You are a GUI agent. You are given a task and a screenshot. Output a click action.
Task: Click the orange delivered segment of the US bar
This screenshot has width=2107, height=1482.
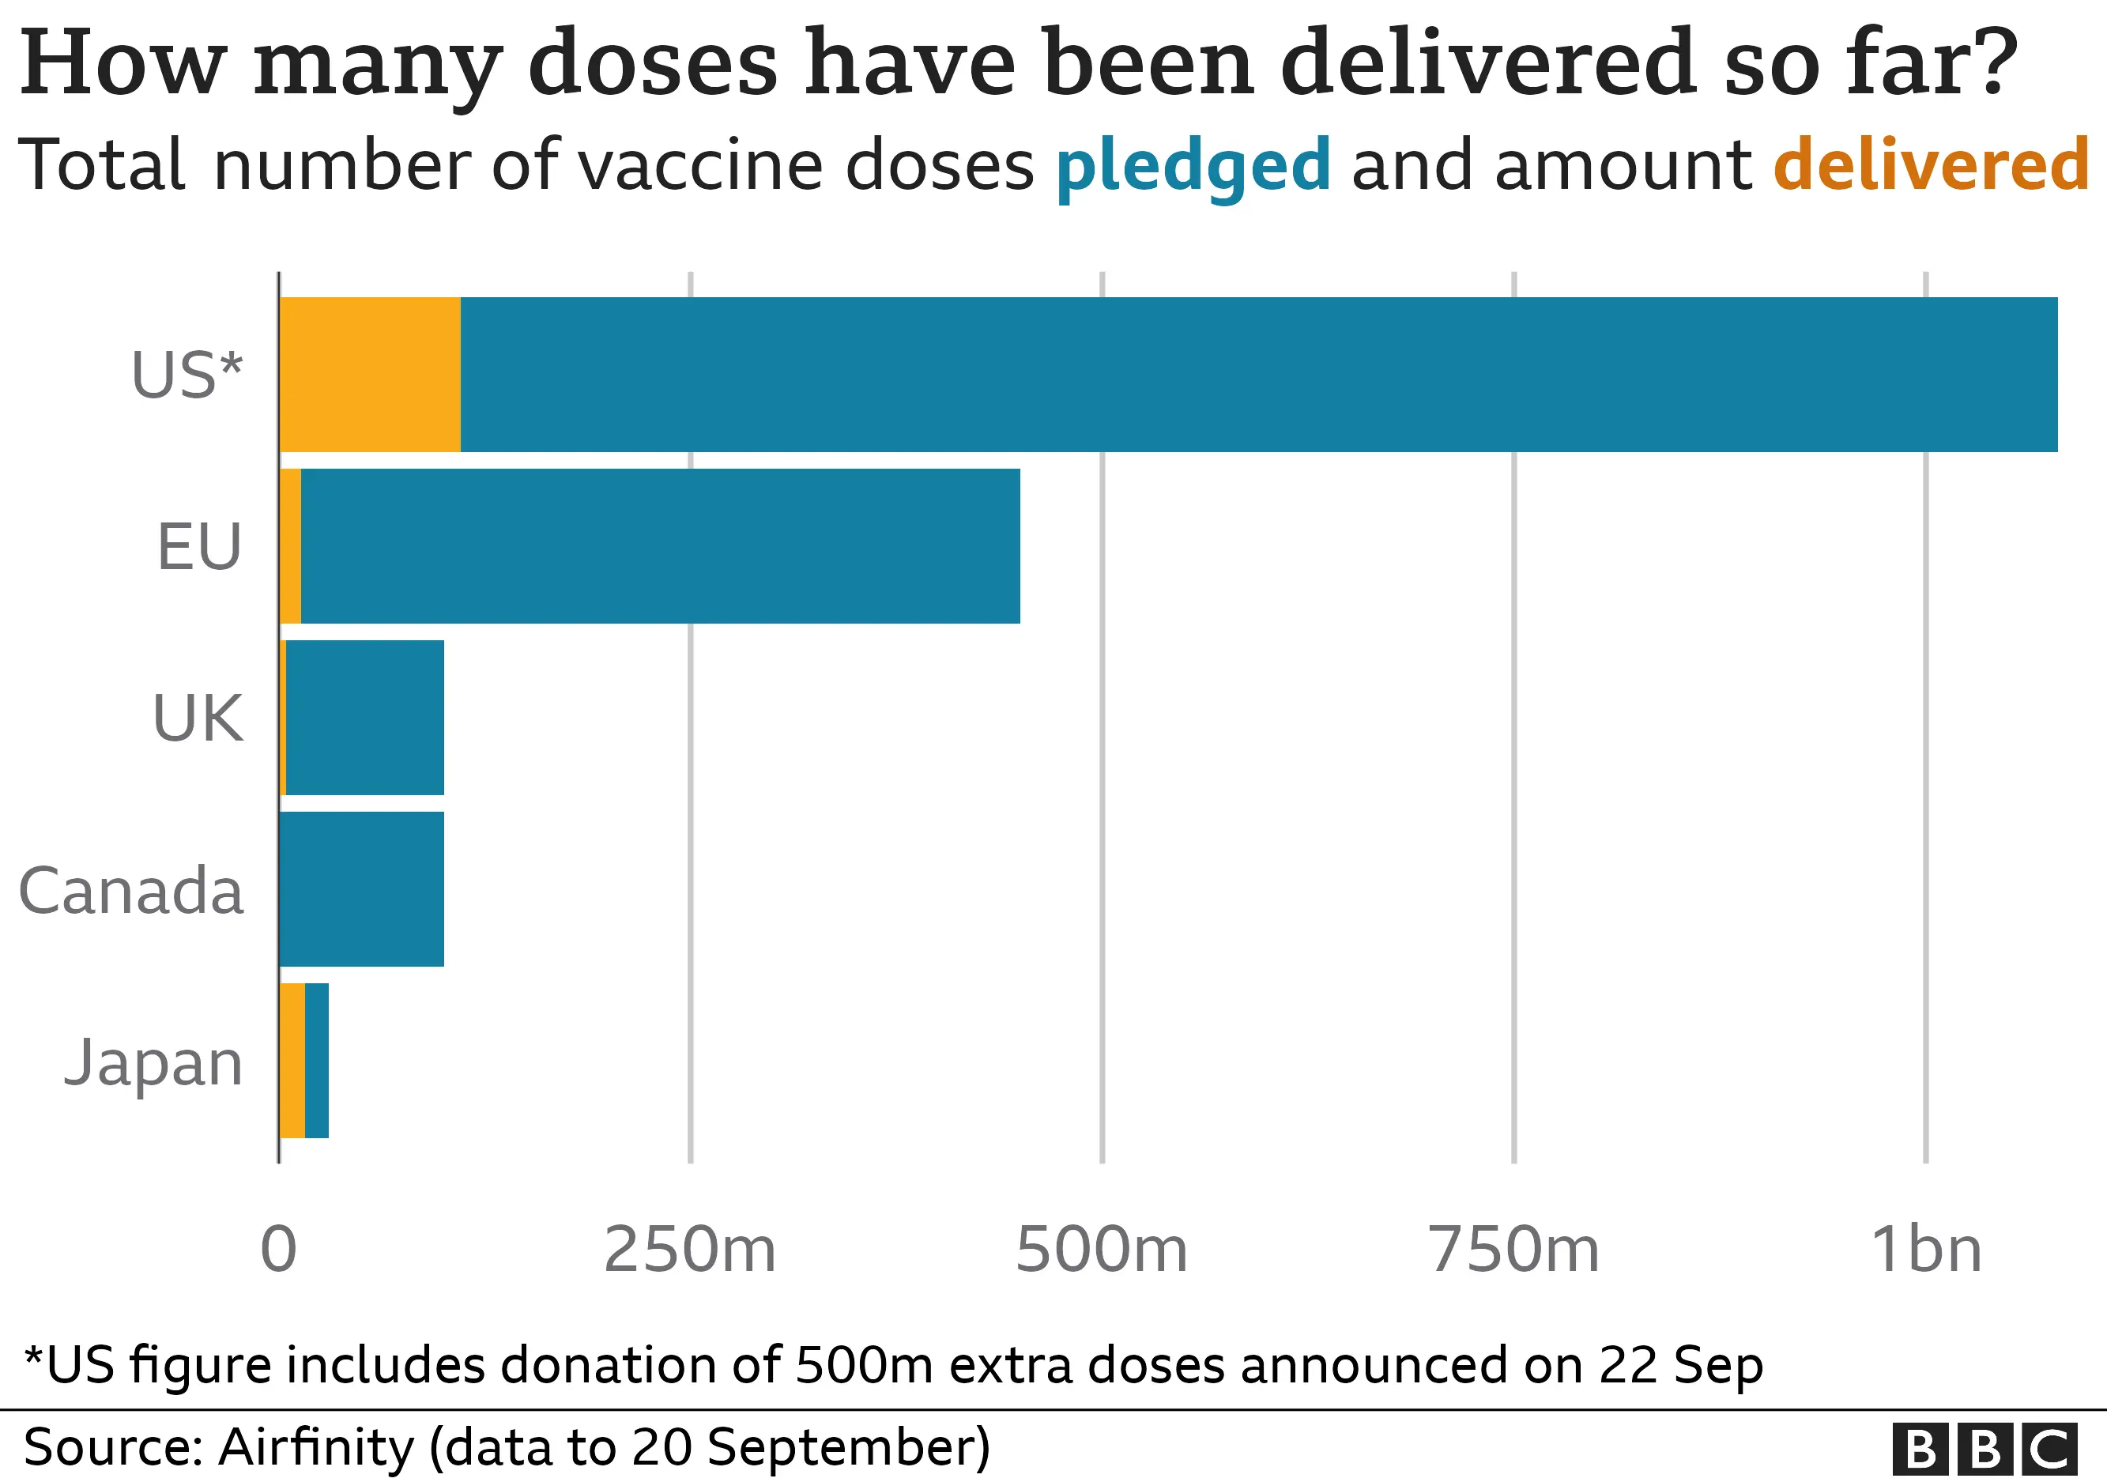pos(370,375)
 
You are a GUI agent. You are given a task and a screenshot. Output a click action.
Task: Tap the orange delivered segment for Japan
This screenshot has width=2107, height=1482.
pos(292,1061)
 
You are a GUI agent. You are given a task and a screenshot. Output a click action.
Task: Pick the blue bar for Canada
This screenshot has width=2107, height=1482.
pos(361,889)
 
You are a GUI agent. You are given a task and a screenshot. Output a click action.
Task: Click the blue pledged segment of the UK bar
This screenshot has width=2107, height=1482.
pos(365,718)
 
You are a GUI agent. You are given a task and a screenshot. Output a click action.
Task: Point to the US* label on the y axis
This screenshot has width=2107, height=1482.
pos(187,375)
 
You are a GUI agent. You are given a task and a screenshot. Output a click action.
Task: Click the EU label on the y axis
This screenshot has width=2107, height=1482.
pos(199,547)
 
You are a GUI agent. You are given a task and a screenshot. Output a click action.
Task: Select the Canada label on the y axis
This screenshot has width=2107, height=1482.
pos(131,890)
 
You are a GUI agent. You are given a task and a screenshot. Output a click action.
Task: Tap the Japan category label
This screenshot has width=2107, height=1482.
pos(153,1062)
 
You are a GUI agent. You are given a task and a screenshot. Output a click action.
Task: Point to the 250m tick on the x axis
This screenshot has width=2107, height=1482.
pos(690,1250)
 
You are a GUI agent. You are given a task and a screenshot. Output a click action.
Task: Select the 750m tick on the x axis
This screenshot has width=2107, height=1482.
pos(1513,1250)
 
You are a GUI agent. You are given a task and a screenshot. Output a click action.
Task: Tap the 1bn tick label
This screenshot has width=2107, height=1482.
pos(1925,1250)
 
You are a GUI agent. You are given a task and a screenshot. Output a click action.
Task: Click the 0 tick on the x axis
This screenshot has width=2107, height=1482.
pos(279,1250)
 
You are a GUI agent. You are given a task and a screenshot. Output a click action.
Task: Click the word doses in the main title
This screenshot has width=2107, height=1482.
pos(654,62)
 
